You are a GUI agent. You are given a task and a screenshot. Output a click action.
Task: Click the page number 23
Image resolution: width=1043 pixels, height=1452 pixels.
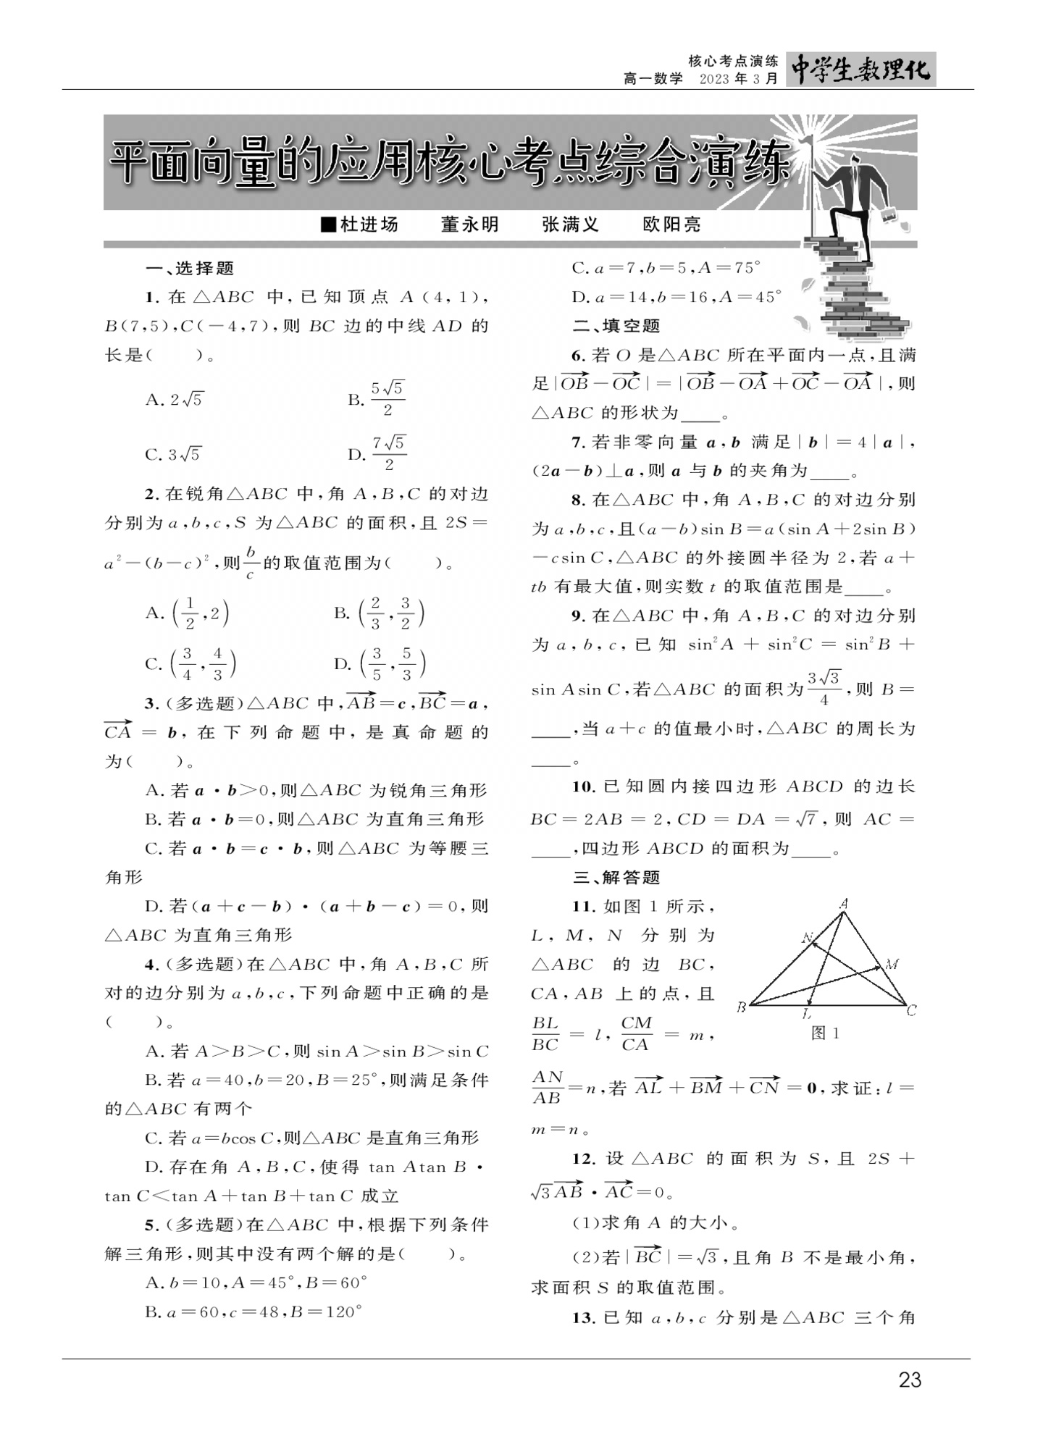click(x=909, y=1380)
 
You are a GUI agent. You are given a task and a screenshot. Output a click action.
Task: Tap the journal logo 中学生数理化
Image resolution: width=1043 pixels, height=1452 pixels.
click(x=860, y=70)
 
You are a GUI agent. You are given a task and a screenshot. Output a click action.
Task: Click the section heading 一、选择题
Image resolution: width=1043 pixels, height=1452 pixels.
click(x=190, y=269)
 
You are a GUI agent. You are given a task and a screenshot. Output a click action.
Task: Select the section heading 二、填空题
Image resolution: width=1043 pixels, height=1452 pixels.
click(x=616, y=326)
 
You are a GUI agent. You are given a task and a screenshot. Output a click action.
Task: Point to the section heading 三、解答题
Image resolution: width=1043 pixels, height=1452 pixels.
click(x=616, y=878)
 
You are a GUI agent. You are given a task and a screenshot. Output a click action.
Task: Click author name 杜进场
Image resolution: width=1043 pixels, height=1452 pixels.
click(x=369, y=224)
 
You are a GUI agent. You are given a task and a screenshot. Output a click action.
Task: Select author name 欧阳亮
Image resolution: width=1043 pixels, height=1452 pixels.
click(x=671, y=224)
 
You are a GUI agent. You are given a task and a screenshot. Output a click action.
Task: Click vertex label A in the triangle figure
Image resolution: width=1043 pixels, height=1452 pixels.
click(x=844, y=903)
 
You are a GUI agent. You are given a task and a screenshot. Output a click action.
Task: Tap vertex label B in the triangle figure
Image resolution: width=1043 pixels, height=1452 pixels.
click(x=742, y=1007)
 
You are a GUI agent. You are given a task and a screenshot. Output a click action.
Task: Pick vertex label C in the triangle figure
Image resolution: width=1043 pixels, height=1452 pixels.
click(x=912, y=1010)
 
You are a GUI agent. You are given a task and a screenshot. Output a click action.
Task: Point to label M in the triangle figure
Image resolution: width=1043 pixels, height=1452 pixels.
click(x=892, y=964)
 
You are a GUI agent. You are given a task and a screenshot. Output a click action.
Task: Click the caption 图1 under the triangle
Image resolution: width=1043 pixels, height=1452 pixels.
click(x=825, y=1033)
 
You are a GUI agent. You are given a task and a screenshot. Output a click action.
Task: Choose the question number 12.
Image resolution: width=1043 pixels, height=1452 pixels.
click(x=583, y=1159)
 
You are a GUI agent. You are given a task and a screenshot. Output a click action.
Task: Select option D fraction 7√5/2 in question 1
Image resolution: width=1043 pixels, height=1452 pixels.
click(x=388, y=453)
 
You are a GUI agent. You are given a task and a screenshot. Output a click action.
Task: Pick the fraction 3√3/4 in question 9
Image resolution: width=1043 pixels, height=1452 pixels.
click(x=824, y=688)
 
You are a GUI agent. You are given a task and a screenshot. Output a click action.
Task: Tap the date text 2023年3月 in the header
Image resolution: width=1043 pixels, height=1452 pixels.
click(x=739, y=79)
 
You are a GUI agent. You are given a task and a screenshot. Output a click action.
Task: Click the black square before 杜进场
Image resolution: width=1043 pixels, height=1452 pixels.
click(x=328, y=224)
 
